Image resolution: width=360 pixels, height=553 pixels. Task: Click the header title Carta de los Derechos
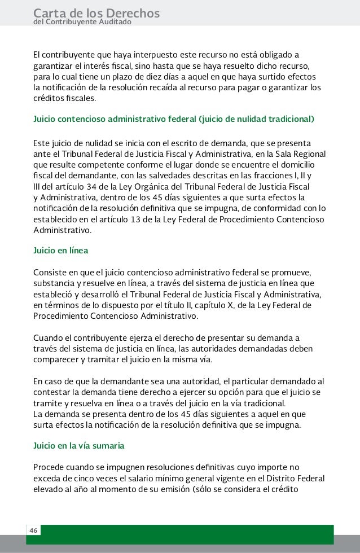coord(96,12)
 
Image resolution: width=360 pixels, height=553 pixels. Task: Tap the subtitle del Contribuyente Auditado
coord(82,22)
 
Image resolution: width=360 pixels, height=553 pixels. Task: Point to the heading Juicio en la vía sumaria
coord(79,445)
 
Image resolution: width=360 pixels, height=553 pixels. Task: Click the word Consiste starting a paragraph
coord(50,272)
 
